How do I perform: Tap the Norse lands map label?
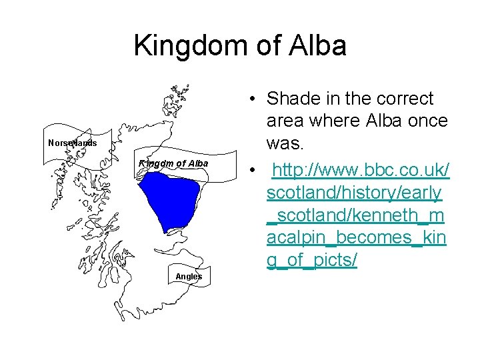click(x=73, y=143)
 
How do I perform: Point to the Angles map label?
click(x=189, y=276)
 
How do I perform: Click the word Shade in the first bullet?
click(x=293, y=99)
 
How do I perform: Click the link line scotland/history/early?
click(x=354, y=193)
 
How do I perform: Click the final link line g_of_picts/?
click(x=311, y=261)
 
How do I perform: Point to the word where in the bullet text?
click(x=342, y=121)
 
